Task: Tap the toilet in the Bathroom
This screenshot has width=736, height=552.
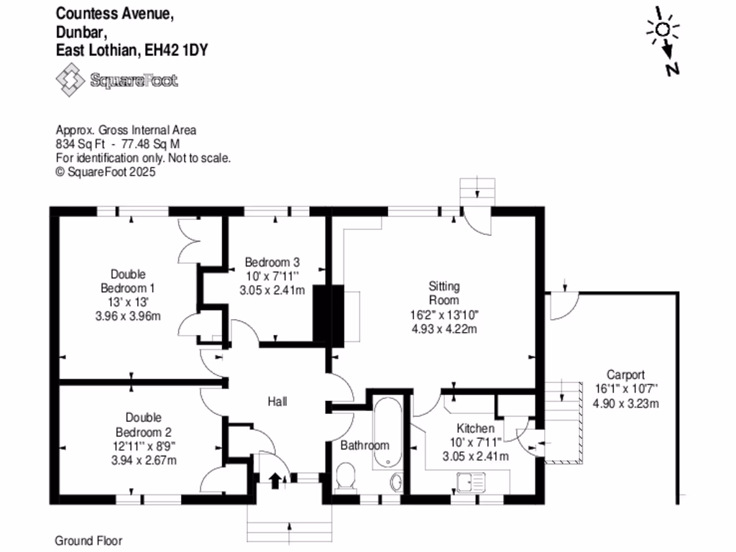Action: (x=346, y=477)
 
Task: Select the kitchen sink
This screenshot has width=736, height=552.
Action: (x=474, y=482)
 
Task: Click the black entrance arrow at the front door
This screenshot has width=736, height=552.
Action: (x=275, y=479)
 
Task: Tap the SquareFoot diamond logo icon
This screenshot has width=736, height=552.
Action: (x=70, y=79)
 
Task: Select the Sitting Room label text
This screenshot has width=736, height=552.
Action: (x=444, y=293)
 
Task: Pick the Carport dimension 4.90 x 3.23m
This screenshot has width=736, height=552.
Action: (x=625, y=403)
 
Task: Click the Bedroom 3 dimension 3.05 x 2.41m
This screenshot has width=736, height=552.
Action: (x=272, y=290)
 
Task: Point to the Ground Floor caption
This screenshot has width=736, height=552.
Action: (x=88, y=540)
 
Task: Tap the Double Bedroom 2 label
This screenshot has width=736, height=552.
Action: (x=144, y=425)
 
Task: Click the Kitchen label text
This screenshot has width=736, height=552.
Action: (x=475, y=428)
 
